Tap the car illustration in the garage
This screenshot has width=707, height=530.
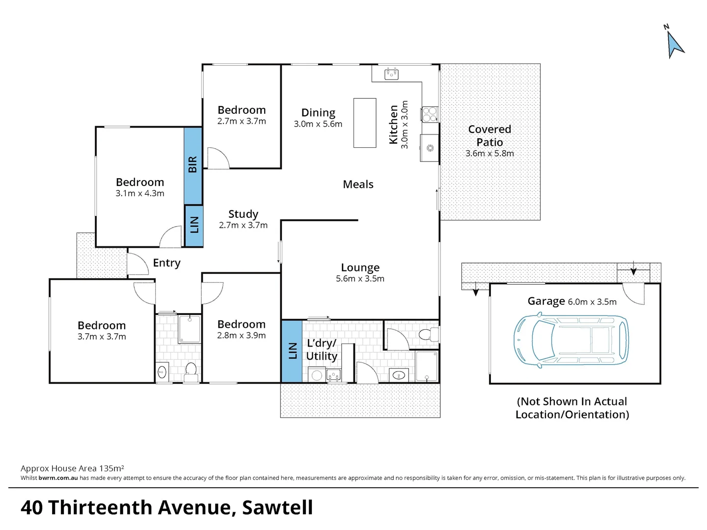pos(571,341)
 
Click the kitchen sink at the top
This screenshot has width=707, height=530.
pos(391,74)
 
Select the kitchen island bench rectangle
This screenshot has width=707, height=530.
pos(365,123)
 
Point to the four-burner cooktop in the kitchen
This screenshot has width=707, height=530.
pos(430,114)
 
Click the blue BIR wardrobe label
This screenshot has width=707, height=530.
pos(193,165)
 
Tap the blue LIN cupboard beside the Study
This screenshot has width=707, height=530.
pos(194,225)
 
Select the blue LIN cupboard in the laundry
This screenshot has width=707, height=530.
pos(292,351)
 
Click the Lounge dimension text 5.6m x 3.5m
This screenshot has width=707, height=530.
pos(360,279)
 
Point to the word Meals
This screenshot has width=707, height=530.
pos(358,185)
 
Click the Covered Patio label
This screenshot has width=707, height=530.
pos(489,136)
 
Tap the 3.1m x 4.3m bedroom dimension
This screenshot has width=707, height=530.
pos(140,193)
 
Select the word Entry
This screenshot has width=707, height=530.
pos(166,263)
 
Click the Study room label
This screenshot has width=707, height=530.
pos(243,214)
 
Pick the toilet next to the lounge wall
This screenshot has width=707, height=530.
pos(429,335)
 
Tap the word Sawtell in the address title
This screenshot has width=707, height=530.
pos(277,507)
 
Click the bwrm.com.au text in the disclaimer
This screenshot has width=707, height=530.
pos(58,478)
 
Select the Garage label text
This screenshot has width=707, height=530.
pos(546,301)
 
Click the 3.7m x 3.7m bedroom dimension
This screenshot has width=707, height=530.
pos(102,337)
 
